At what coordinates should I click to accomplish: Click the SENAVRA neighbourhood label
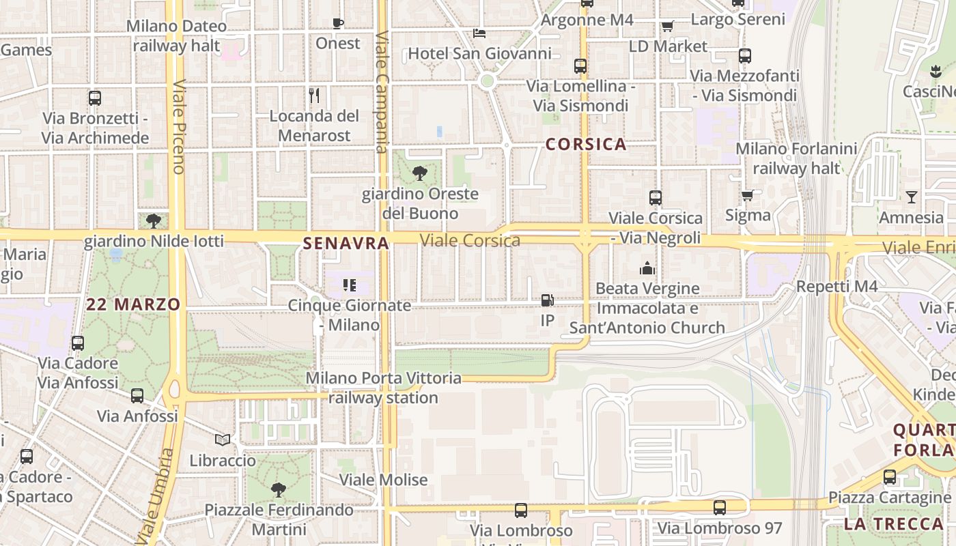(x=346, y=243)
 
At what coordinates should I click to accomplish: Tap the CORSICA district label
(x=586, y=144)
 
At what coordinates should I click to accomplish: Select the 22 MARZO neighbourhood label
(x=133, y=304)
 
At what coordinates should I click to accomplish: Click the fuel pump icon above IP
(x=547, y=300)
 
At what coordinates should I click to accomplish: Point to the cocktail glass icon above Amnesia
(x=911, y=198)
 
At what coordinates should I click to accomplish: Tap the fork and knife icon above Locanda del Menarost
(x=314, y=95)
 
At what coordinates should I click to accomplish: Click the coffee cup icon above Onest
(x=337, y=23)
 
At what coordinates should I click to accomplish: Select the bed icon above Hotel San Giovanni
(x=479, y=33)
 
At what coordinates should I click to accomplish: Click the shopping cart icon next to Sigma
(x=748, y=196)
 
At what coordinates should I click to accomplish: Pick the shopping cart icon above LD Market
(x=667, y=26)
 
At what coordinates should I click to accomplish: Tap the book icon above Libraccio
(x=223, y=440)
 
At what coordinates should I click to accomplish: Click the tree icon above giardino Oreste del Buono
(x=420, y=173)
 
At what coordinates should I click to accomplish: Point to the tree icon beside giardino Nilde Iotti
(x=154, y=220)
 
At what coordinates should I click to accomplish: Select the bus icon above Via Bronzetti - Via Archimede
(x=95, y=98)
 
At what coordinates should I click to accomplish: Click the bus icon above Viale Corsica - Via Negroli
(x=656, y=198)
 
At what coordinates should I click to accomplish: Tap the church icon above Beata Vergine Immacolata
(x=647, y=268)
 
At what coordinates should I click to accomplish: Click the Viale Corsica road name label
(x=470, y=240)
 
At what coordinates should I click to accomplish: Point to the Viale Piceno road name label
(x=180, y=127)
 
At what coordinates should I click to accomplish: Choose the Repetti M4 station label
(x=836, y=287)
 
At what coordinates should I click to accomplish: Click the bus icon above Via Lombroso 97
(x=720, y=508)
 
